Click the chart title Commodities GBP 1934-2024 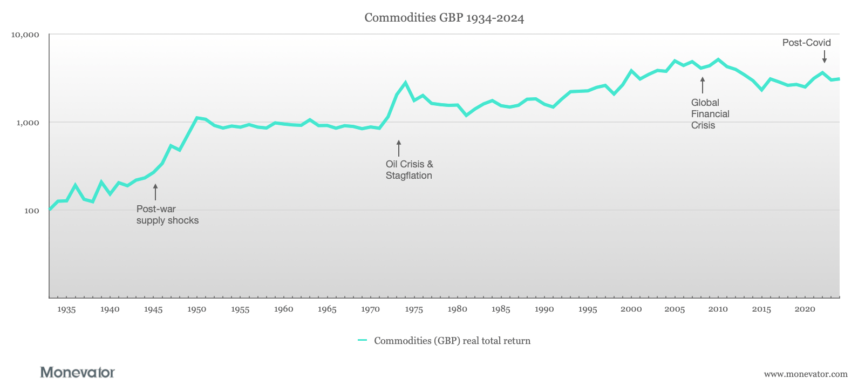click(444, 18)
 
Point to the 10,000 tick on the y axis click(25, 35)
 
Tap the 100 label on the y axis click(32, 211)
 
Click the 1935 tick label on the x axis click(66, 309)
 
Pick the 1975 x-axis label click(414, 309)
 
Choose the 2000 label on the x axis click(631, 309)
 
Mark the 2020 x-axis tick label click(805, 309)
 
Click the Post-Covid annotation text click(806, 43)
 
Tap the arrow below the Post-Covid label click(824, 57)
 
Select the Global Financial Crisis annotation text click(710, 114)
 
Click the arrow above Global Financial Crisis click(702, 85)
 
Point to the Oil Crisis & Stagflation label click(409, 170)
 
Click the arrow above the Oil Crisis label click(399, 148)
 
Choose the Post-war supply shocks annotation click(167, 214)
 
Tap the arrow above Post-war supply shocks click(155, 192)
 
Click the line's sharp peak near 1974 click(405, 83)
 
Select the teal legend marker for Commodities click(362, 341)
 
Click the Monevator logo click(77, 373)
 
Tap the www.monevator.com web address click(805, 374)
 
